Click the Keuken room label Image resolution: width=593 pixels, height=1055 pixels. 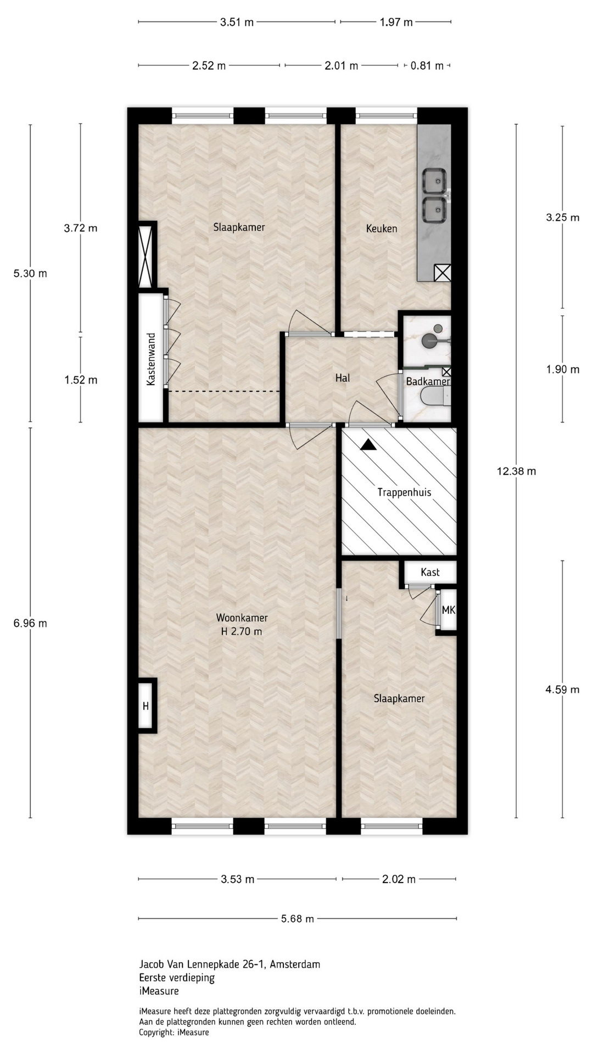click(382, 229)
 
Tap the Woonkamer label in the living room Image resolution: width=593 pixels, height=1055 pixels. click(242, 618)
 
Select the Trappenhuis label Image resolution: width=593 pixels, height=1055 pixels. click(404, 492)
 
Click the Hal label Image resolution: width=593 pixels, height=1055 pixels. click(343, 378)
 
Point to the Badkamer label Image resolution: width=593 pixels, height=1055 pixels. click(428, 381)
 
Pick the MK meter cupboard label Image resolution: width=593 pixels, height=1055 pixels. click(448, 610)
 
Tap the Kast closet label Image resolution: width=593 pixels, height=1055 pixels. click(430, 573)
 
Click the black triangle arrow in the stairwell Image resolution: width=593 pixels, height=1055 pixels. click(369, 446)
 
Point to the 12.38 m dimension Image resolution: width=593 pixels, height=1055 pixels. click(516, 471)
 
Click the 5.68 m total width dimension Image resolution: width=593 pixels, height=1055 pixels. click(297, 918)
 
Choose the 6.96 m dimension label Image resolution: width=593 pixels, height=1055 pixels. click(30, 623)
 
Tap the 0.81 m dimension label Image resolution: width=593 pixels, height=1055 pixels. click(427, 66)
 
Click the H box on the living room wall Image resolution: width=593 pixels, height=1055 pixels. click(146, 706)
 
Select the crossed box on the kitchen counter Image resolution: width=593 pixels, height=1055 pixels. click(443, 273)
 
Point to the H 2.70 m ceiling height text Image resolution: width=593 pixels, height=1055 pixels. click(242, 631)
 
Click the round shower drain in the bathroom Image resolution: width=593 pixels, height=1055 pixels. click(438, 329)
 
